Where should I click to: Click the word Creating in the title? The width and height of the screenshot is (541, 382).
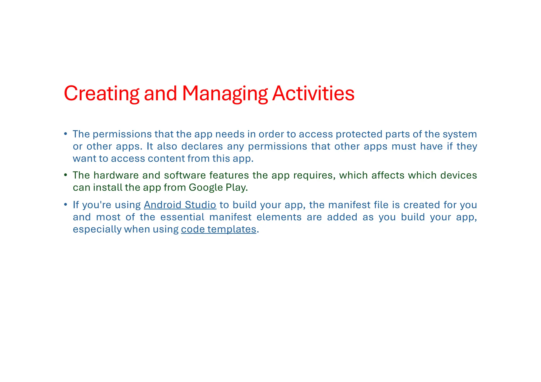(101, 94)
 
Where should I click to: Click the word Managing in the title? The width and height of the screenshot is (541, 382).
(225, 94)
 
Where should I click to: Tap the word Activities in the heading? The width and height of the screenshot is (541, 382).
(313, 94)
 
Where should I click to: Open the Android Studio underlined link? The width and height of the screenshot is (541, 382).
(180, 205)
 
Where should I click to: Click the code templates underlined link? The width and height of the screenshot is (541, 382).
(218, 229)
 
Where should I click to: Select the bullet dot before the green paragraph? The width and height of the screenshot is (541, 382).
(66, 175)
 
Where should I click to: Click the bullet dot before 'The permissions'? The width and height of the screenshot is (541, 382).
(66, 134)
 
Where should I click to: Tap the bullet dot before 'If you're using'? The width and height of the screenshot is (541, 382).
(66, 205)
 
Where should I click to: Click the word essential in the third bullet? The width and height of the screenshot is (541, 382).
(182, 217)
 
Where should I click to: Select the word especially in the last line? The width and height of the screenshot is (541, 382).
(97, 229)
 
